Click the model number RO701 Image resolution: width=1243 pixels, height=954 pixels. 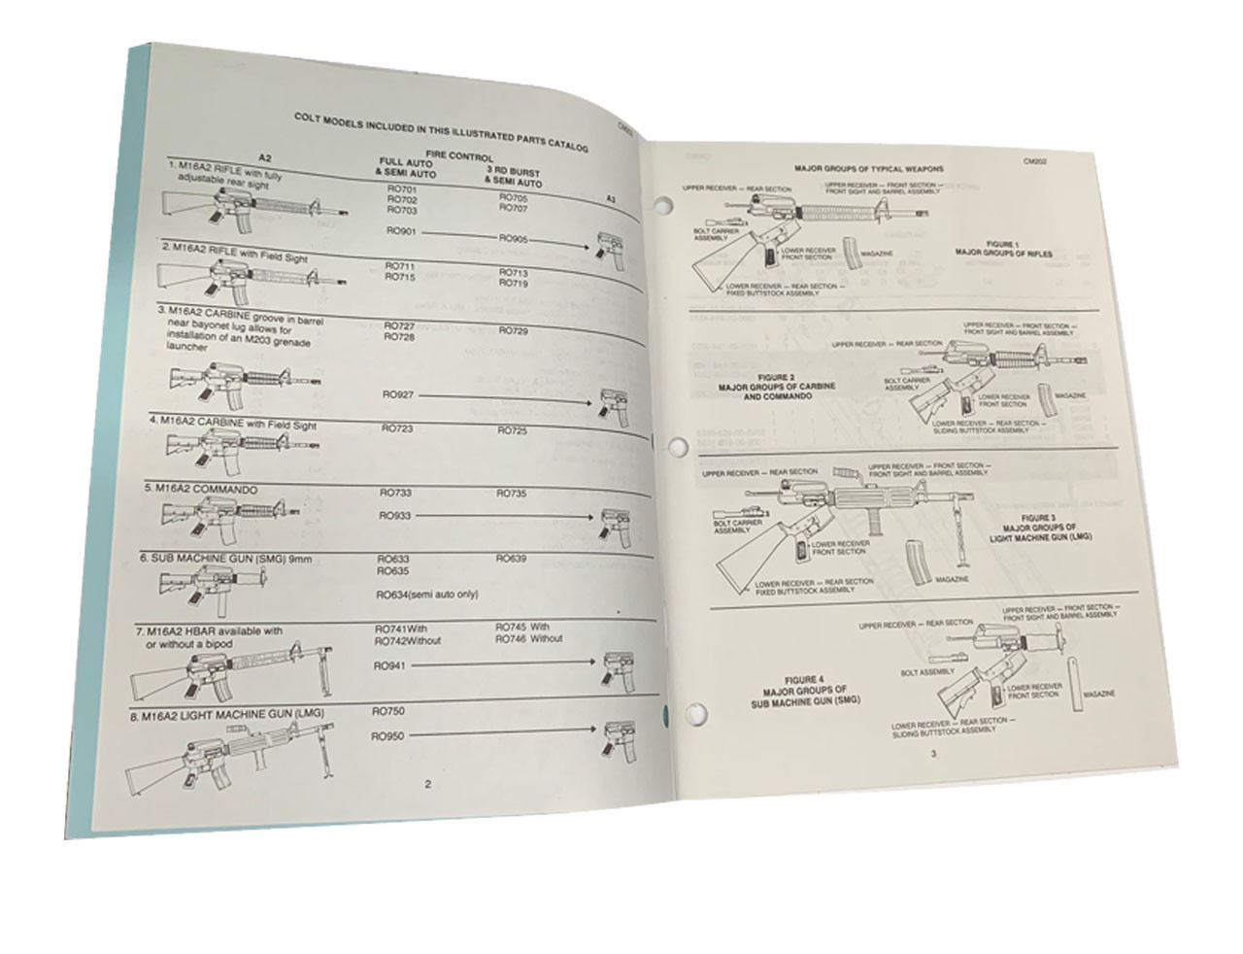pos(400,187)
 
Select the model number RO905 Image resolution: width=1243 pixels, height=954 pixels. pos(514,238)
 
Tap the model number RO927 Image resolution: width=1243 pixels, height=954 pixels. pos(400,394)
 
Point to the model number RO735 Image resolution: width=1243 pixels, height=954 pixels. pos(513,494)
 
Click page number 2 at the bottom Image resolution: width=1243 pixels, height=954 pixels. pos(427,783)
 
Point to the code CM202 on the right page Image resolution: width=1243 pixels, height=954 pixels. pos(1038,165)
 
